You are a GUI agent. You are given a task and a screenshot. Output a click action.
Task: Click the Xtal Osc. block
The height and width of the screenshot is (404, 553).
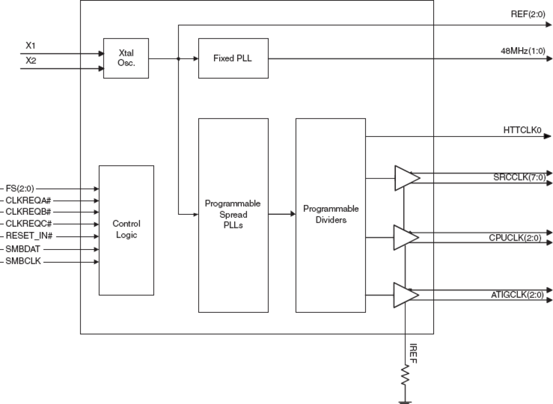tap(126, 58)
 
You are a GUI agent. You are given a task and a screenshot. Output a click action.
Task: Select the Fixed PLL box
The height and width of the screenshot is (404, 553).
tap(233, 58)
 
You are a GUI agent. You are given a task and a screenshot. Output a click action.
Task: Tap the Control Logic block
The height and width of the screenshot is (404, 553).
tap(126, 230)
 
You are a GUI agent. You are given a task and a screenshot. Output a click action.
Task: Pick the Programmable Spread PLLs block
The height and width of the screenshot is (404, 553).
tap(233, 215)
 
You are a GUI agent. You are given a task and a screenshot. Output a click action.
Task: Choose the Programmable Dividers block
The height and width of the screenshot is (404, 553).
tap(331, 215)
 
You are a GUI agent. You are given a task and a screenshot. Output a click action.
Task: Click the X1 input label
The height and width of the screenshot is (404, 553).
tap(30, 45)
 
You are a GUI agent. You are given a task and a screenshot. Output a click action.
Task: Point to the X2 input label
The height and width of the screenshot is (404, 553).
tap(30, 61)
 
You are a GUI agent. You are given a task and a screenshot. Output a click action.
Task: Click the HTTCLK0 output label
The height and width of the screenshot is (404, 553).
tap(522, 130)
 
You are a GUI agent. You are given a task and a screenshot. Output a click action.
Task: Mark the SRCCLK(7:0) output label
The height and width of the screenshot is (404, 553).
tap(520, 177)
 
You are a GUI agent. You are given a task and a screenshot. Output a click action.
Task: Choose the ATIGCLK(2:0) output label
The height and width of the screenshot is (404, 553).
tap(519, 295)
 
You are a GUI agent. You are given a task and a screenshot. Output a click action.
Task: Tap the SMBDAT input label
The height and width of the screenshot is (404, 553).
tap(23, 249)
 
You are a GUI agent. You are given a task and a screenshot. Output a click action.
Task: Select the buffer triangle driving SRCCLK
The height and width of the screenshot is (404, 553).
tap(406, 178)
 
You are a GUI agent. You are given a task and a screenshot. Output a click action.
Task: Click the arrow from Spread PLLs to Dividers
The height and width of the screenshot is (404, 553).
tap(282, 214)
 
